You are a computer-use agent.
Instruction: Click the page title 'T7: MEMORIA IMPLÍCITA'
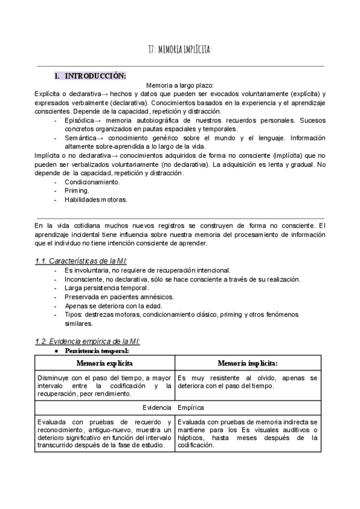coord(179,50)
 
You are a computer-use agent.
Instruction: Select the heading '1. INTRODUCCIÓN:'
coord(90,76)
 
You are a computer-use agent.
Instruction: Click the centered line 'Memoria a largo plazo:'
coord(180,86)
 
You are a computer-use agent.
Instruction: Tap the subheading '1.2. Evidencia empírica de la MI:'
coord(88,341)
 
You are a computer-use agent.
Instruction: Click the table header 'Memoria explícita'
coord(104,363)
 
